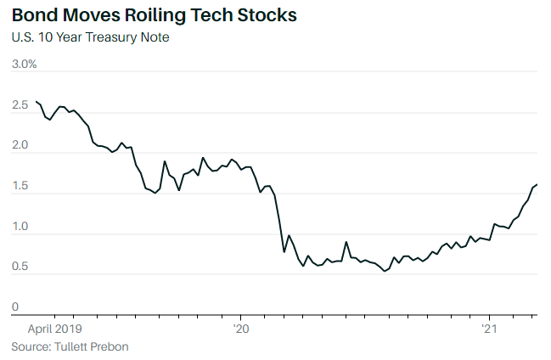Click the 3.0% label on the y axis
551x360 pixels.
(x=24, y=64)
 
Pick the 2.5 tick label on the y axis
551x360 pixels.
(x=20, y=104)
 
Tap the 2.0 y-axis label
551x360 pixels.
(x=20, y=145)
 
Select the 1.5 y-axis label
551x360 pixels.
(x=20, y=186)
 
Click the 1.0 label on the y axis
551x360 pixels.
(x=20, y=227)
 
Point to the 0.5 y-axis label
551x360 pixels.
(x=20, y=267)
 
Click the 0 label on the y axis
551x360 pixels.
(x=14, y=307)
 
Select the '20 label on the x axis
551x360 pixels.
(x=240, y=328)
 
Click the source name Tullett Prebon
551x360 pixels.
(x=91, y=346)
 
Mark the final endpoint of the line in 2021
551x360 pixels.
(x=537, y=184)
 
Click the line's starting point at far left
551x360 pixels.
(x=36, y=102)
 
